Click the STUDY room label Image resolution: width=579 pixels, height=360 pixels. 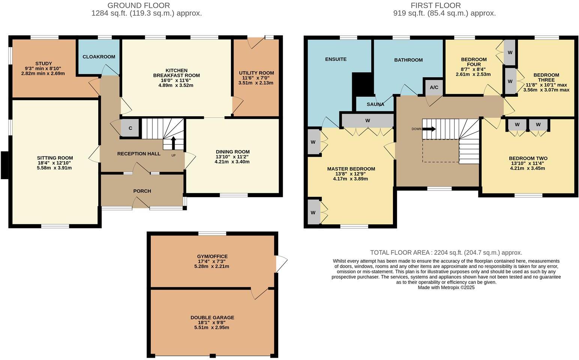(x=43, y=63)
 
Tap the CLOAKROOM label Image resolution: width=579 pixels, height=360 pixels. (x=99, y=57)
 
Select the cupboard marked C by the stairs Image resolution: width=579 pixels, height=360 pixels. (x=130, y=128)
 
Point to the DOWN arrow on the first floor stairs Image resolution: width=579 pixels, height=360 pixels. (x=429, y=129)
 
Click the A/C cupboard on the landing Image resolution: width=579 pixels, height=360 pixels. (x=434, y=87)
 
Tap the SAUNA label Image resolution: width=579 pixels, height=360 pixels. (x=375, y=104)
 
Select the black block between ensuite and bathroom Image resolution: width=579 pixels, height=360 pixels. (x=362, y=84)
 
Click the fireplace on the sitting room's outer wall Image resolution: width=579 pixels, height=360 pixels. (x=5, y=165)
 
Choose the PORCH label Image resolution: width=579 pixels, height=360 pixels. (x=142, y=191)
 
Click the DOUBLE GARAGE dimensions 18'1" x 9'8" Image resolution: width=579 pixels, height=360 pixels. (x=212, y=322)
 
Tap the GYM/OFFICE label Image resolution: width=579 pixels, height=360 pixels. (x=213, y=256)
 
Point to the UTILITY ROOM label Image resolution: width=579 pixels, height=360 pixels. (x=256, y=73)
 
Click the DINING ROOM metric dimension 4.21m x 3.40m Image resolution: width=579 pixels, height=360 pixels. (x=232, y=162)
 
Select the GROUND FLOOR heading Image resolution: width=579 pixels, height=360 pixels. (x=139, y=6)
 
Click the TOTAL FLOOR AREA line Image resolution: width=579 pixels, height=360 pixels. (x=446, y=252)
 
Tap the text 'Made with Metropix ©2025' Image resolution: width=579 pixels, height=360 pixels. (x=446, y=288)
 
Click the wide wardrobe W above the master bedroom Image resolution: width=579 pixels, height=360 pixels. (x=367, y=121)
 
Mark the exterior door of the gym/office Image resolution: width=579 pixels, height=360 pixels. (x=281, y=264)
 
